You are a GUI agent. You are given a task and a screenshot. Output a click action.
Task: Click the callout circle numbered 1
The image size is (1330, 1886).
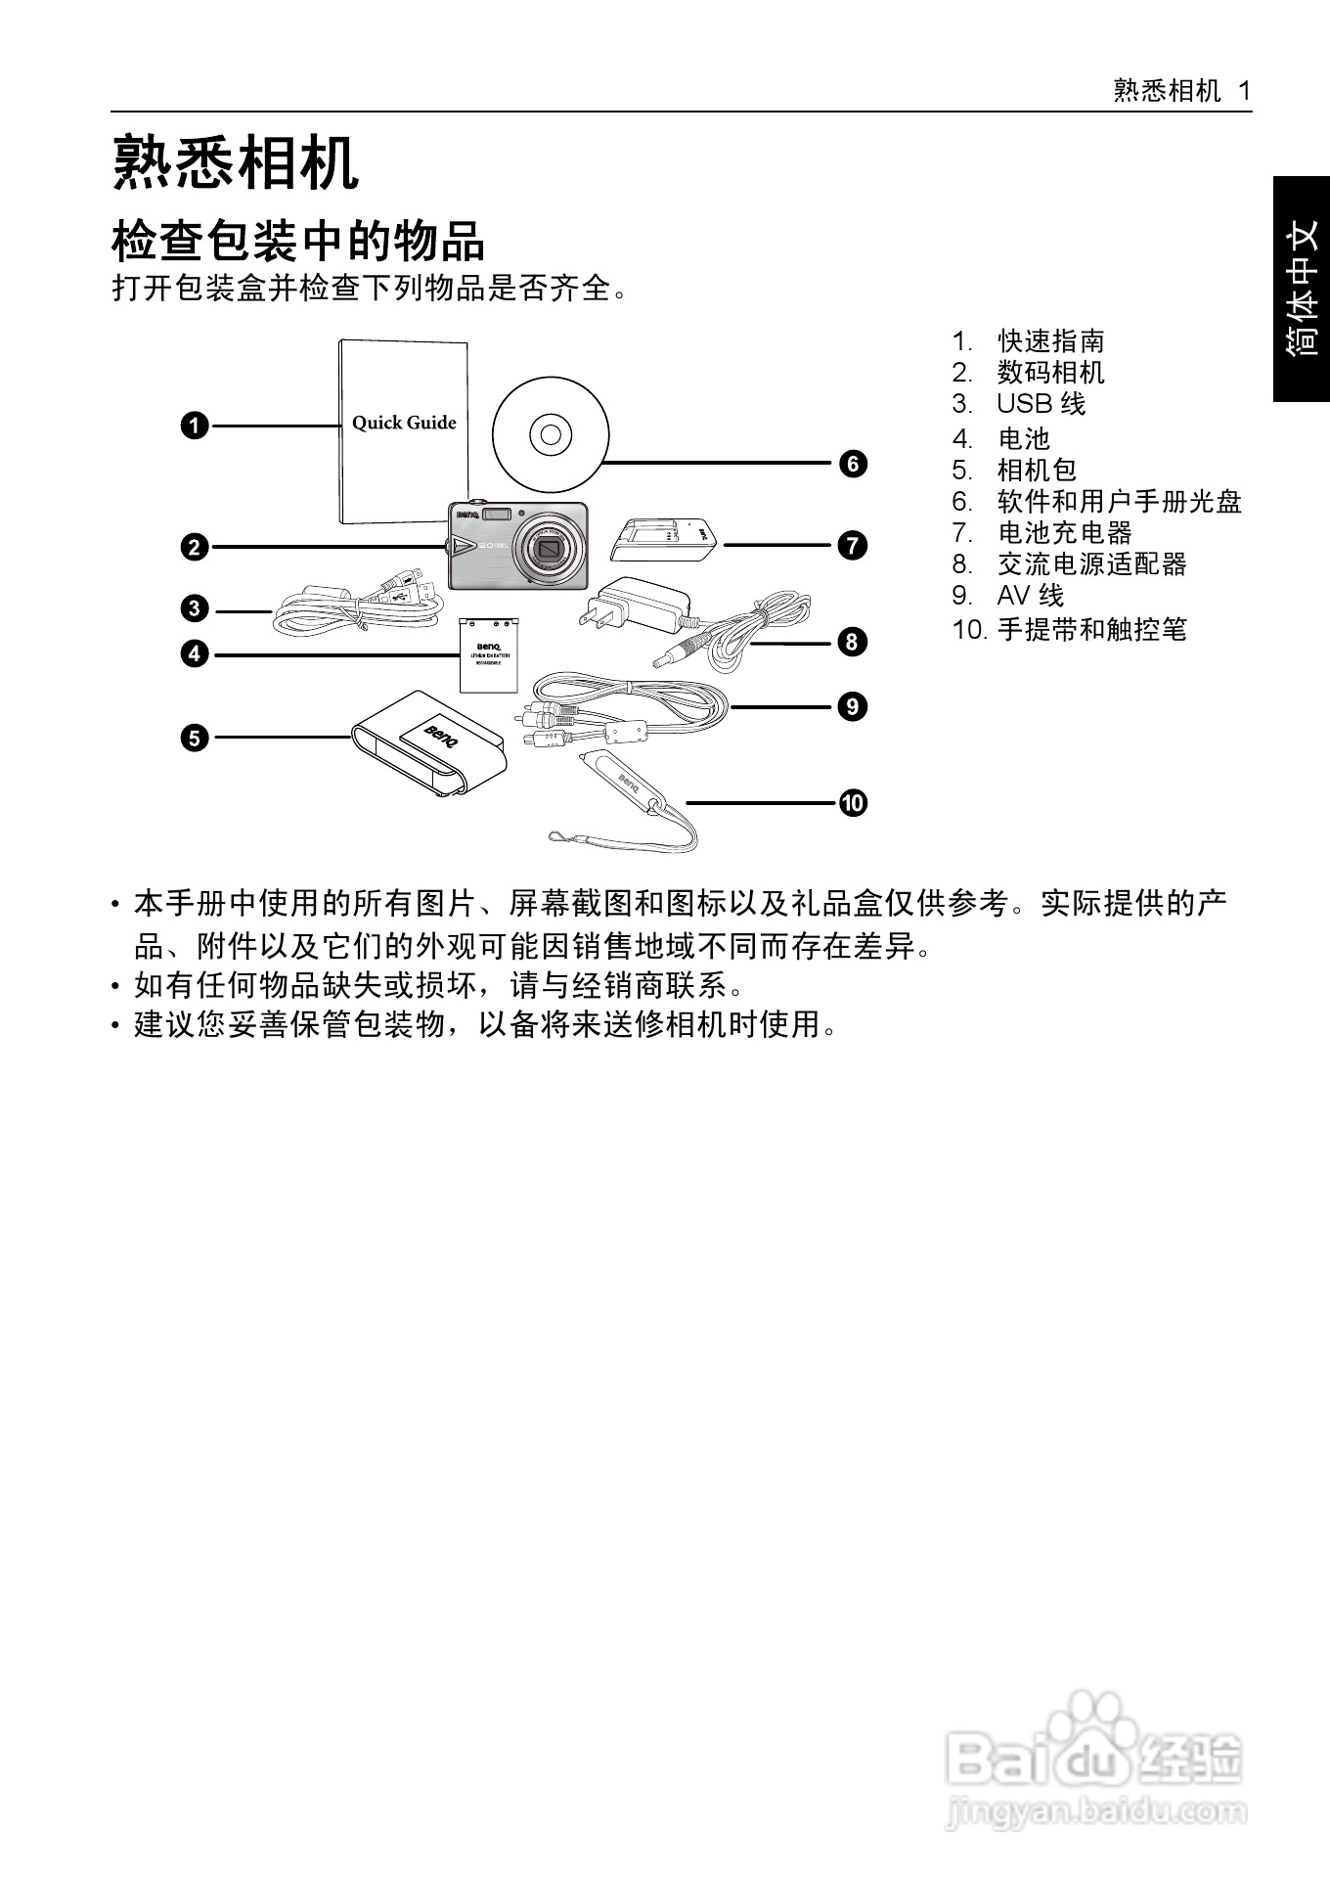(196, 426)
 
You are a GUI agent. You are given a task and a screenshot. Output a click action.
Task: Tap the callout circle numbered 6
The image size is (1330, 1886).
(853, 463)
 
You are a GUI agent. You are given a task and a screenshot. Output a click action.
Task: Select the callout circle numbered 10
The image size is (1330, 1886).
(853, 803)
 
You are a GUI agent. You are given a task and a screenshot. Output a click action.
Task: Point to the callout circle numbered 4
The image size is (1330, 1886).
(196, 653)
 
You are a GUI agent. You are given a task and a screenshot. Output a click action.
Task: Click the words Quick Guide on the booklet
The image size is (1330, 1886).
(404, 423)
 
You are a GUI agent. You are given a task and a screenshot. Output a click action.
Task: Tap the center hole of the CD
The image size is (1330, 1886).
(551, 433)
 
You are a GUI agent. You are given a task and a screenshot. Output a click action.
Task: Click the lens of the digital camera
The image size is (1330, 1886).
(547, 549)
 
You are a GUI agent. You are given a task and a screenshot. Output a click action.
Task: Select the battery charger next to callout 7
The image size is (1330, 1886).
(663, 540)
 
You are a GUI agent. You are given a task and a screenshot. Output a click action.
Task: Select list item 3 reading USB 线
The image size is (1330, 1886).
(1041, 403)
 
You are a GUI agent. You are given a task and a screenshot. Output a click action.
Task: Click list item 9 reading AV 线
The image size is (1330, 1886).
(1030, 595)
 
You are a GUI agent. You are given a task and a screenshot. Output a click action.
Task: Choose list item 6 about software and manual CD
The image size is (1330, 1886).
(1118, 502)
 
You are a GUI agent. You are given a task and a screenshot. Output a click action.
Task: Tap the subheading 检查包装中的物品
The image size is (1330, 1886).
(298, 241)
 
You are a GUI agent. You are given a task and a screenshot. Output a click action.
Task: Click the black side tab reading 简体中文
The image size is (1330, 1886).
(1302, 289)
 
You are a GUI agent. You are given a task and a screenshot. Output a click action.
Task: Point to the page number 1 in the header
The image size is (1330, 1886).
(1244, 91)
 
